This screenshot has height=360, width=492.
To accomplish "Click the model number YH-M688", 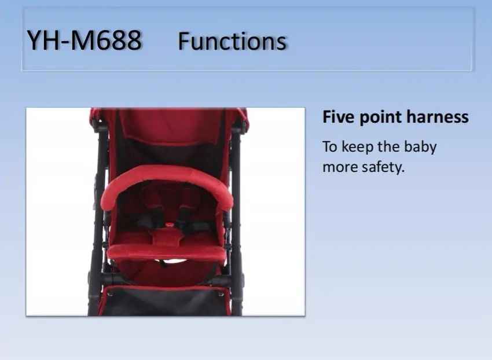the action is [84, 40].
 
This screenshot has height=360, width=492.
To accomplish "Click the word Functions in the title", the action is [232, 41].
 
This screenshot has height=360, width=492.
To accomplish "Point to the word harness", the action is [438, 117].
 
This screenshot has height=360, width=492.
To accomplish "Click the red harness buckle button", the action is [170, 224].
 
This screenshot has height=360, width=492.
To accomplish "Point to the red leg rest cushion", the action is [166, 252].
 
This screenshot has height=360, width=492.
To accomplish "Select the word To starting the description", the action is [330, 147].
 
